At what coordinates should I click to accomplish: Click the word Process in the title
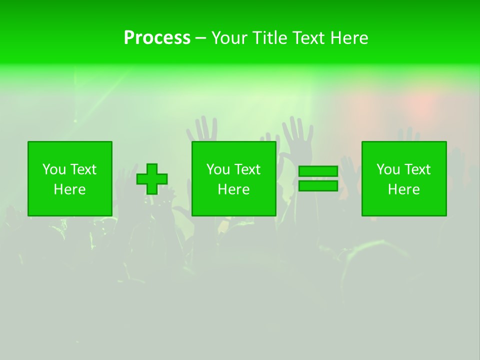coord(157,38)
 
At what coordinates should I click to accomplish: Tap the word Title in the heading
coord(269,38)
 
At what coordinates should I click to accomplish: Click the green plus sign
coord(152,179)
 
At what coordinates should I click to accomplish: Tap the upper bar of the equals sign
coord(318,171)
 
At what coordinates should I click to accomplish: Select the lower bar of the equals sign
coord(318,185)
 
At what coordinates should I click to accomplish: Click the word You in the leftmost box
coord(53,169)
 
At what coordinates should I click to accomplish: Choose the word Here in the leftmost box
coord(69,189)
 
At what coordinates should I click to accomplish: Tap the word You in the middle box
coord(217,169)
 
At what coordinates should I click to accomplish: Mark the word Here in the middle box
coord(233,189)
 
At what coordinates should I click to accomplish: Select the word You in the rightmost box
coord(387,169)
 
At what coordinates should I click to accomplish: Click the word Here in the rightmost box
coord(403,189)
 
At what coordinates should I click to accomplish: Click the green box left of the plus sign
coord(69,205)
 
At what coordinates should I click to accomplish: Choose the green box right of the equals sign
coord(403,205)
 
